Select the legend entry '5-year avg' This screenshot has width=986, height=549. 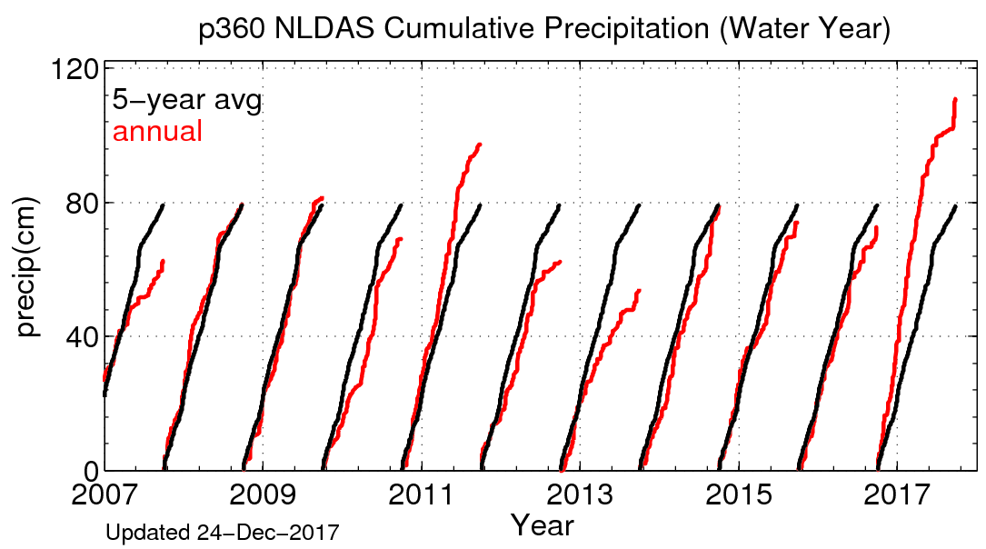tap(186, 101)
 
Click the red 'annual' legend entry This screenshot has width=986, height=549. tap(157, 132)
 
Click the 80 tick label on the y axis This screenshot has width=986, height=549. tap(85, 203)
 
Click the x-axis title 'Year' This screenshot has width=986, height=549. tap(542, 524)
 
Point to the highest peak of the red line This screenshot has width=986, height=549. tap(955, 99)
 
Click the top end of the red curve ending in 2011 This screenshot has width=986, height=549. tap(479, 145)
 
